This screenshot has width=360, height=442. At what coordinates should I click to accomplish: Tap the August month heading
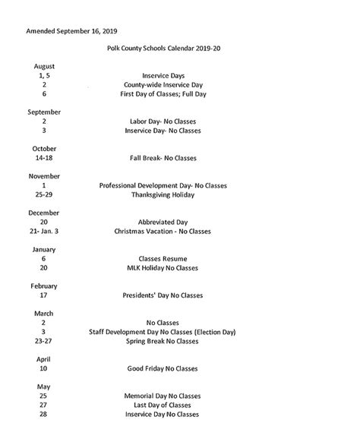coord(44,67)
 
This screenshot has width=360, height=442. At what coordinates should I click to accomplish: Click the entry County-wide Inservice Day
coord(163,86)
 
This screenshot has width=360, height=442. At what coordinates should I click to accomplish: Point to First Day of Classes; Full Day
coord(163,95)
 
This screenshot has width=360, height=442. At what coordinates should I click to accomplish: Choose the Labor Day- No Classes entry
coord(163,122)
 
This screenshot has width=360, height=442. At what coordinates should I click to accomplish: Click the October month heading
coord(44,148)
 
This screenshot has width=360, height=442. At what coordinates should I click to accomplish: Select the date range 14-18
coord(44,158)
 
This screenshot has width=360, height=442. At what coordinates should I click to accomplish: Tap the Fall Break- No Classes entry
coord(163,158)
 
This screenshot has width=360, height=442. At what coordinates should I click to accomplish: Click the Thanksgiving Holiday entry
coord(163,194)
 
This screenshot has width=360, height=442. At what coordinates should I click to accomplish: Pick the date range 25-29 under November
coord(44,194)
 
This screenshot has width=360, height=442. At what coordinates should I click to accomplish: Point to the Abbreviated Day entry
coord(163,222)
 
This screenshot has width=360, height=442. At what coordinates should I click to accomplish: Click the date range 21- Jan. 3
coord(44,231)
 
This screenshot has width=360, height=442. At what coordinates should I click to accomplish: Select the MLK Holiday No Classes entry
coord(163,267)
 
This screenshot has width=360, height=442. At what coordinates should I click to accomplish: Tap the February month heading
coord(44,286)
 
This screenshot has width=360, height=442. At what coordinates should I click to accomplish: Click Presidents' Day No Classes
coord(163,295)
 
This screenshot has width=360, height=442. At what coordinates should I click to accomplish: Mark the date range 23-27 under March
coord(44,341)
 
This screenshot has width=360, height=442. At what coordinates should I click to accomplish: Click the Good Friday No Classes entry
coord(163,368)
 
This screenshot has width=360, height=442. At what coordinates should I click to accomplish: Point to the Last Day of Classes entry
coord(163,405)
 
